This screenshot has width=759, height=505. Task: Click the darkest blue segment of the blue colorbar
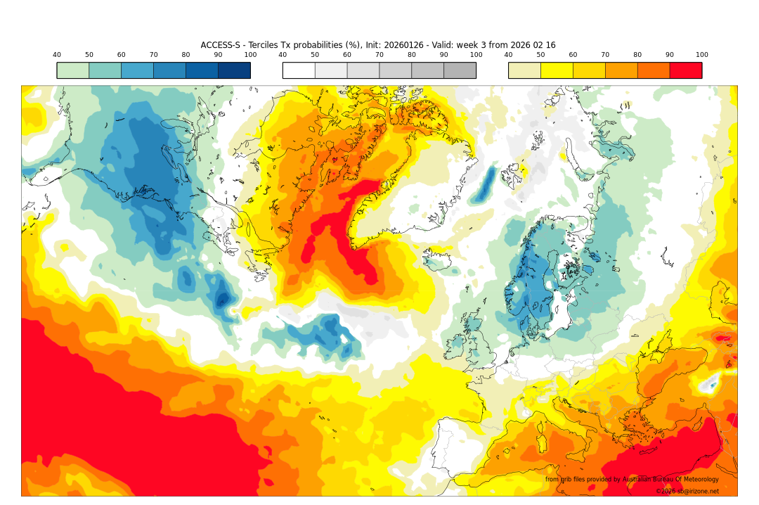click(x=234, y=70)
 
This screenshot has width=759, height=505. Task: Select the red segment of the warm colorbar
click(x=685, y=70)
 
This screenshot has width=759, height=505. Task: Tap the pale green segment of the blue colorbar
click(x=72, y=70)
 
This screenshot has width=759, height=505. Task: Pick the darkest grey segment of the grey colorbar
click(x=460, y=70)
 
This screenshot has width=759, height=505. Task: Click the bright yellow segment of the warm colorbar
click(x=557, y=70)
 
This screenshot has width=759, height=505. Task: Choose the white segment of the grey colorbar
click(x=299, y=70)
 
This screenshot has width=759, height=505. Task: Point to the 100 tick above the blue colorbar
click(x=250, y=55)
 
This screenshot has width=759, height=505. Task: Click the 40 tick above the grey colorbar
click(x=283, y=55)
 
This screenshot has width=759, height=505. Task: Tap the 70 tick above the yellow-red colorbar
click(x=605, y=55)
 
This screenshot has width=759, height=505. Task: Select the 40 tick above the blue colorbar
click(x=57, y=55)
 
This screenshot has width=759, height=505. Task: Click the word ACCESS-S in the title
click(x=221, y=45)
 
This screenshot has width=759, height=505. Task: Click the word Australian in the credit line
click(x=644, y=480)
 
